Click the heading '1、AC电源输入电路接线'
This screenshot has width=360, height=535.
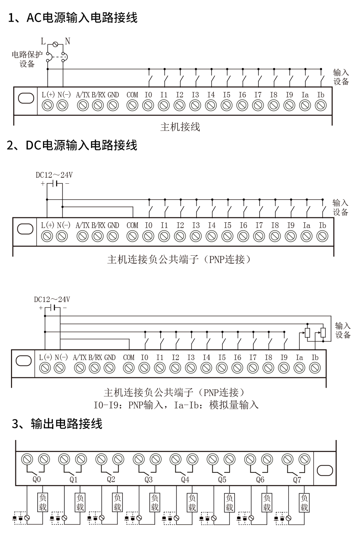click(x=73, y=18)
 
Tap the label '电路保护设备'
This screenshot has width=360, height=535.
click(x=27, y=59)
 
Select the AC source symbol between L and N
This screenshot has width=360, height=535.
click(x=55, y=44)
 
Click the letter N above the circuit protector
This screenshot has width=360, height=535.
click(x=68, y=41)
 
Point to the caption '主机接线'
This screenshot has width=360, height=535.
click(x=180, y=127)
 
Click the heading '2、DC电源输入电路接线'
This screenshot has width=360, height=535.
click(x=72, y=145)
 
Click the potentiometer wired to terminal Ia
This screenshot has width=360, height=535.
click(x=307, y=333)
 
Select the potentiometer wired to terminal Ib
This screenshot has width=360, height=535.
click(x=323, y=333)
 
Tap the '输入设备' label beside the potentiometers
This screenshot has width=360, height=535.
click(x=343, y=330)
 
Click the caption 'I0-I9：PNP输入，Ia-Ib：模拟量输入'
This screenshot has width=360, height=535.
click(x=176, y=405)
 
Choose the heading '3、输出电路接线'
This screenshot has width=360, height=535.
click(x=57, y=424)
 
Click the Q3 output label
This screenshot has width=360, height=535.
click(x=148, y=479)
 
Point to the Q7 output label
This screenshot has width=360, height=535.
click(x=297, y=480)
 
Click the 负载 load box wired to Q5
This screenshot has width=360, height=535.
click(x=229, y=503)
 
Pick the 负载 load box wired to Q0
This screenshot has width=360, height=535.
click(x=43, y=503)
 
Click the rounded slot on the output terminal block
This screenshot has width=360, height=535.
click(x=325, y=471)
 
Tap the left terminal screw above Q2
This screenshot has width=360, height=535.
click(x=101, y=459)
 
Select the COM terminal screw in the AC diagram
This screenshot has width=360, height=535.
click(x=132, y=105)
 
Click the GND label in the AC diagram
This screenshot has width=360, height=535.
click(x=113, y=95)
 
